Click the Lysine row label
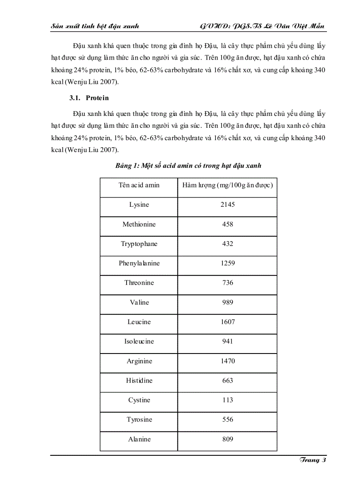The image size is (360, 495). tap(139, 205)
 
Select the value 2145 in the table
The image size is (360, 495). tap(228, 205)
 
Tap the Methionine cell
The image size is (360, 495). tap(139, 224)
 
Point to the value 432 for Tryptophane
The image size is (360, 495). tap(228, 244)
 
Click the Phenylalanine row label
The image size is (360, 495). tap(139, 263)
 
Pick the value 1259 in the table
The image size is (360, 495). tap(228, 263)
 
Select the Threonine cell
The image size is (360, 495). tap(139, 283)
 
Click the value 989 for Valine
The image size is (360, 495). tap(228, 302)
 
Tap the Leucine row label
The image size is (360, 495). tap(139, 322)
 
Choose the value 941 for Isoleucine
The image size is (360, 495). tap(228, 341)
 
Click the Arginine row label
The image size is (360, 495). tap(139, 361)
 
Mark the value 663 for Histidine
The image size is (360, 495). tap(228, 380)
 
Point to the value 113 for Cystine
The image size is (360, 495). tap(228, 400)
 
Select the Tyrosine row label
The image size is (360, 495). tap(139, 420)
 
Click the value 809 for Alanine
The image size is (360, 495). tap(228, 439)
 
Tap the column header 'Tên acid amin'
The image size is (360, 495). tap(139, 185)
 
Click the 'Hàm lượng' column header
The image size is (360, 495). tap(228, 185)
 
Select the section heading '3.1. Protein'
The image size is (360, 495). tap(91, 98)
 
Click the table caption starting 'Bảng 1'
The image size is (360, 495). tap(188, 166)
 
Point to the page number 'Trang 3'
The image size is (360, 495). tap(312, 460)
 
